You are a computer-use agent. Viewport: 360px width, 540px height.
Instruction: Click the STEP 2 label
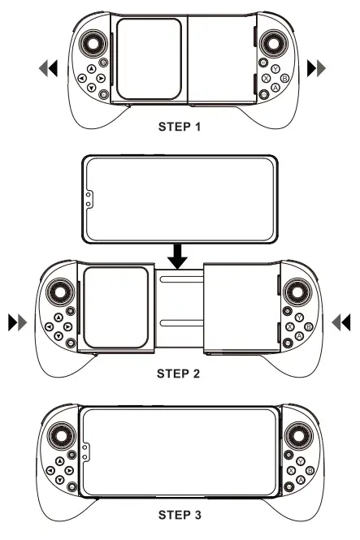pos(180,376)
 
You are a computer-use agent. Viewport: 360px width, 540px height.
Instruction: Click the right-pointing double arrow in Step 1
pos(314,69)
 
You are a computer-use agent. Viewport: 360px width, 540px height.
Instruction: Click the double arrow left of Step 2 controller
pos(17,322)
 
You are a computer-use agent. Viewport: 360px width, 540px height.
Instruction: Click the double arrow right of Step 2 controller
pos(342,322)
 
